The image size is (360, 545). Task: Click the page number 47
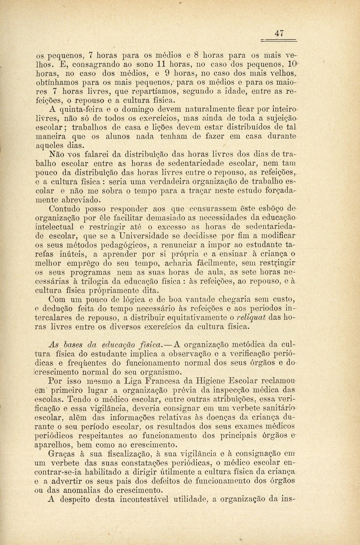coord(279,33)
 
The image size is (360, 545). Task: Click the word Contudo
coord(64,208)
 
